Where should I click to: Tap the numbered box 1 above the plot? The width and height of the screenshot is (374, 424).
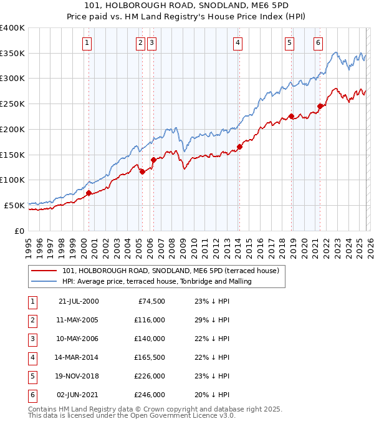click(x=86, y=43)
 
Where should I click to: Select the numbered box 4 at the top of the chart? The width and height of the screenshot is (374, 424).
click(x=237, y=43)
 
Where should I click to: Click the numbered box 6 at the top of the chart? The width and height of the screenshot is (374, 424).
click(x=318, y=43)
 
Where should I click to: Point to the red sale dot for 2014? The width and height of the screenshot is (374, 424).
click(x=239, y=147)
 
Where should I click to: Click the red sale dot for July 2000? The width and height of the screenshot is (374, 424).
click(x=89, y=193)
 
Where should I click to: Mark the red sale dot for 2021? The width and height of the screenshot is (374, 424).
click(x=320, y=106)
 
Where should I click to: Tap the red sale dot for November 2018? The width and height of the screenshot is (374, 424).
click(x=291, y=116)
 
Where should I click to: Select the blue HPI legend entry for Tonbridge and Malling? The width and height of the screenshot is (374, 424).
click(x=156, y=282)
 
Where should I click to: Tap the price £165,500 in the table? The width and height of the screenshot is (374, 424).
click(x=149, y=357)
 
